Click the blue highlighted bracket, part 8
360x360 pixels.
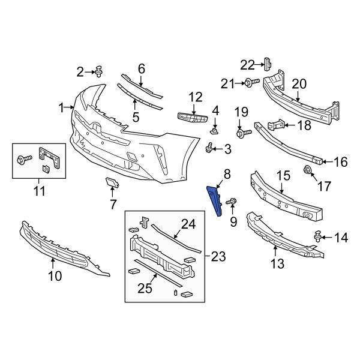(x=215, y=200)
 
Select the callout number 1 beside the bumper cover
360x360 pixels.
(x=62, y=107)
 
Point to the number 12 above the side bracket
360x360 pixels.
(x=196, y=97)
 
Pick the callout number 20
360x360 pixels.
(x=299, y=84)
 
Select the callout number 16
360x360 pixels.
(x=340, y=161)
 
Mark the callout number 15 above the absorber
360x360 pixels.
(x=283, y=176)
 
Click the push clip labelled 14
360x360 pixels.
(x=316, y=238)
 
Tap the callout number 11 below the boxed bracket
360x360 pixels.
(x=40, y=192)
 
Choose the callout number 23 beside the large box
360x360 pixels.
(x=218, y=256)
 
